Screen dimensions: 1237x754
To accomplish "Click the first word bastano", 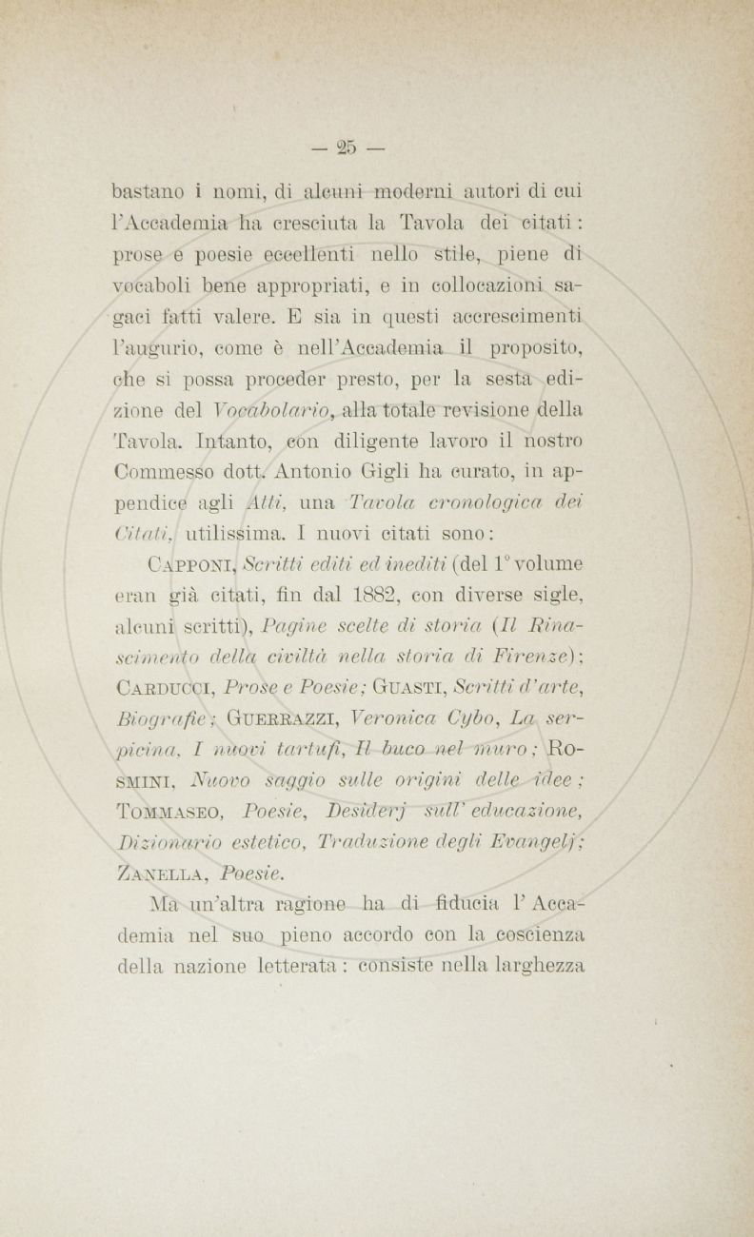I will pos(150,191).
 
